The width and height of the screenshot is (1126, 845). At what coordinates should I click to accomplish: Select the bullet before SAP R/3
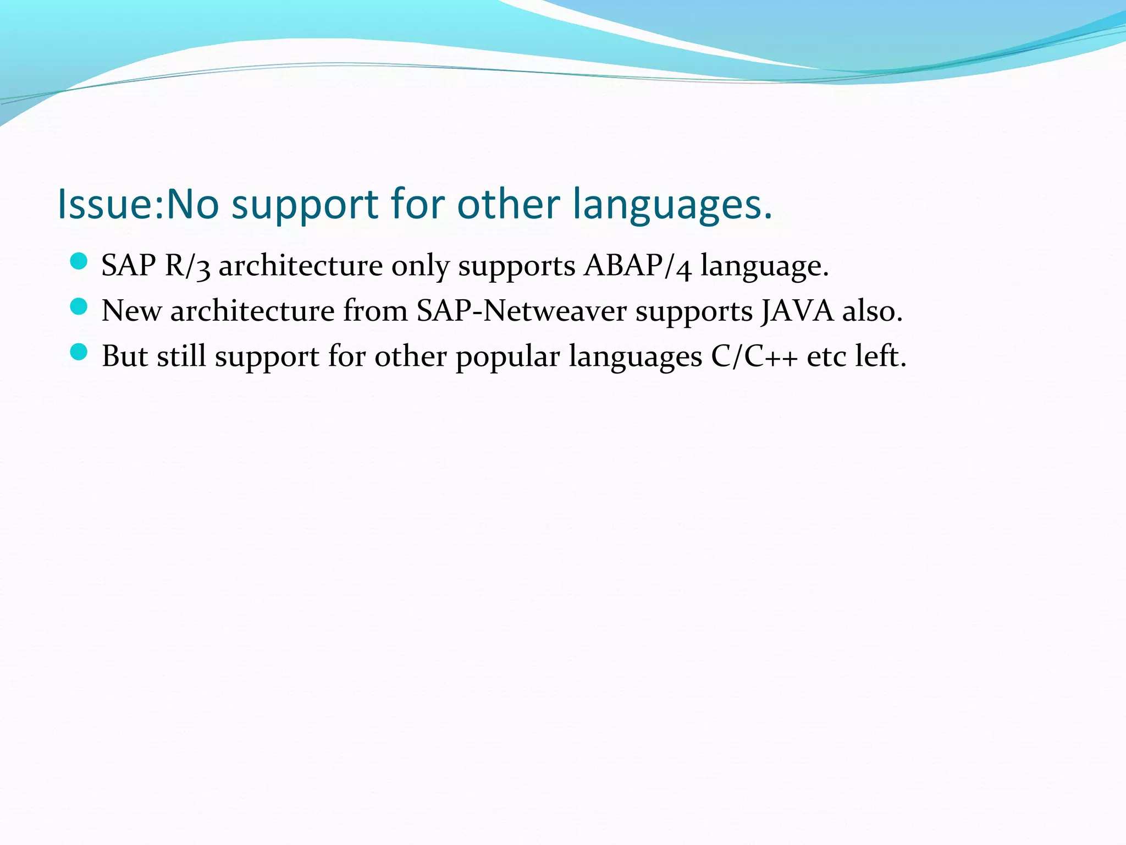coord(79,261)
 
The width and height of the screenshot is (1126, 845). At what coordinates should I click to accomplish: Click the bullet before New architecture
coord(79,306)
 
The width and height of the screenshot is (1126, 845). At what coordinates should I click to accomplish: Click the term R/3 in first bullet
coord(187,266)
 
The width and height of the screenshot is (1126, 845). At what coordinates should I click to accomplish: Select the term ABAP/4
coord(637,266)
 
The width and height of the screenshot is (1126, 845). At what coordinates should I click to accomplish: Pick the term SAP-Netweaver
coord(521,311)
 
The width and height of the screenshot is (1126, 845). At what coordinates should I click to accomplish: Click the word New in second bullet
coord(131,311)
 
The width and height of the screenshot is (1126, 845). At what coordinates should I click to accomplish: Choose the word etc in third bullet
coord(826,356)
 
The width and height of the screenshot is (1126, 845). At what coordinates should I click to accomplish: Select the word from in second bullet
coord(375,311)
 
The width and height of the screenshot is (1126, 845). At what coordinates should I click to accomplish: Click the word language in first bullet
coord(764,266)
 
